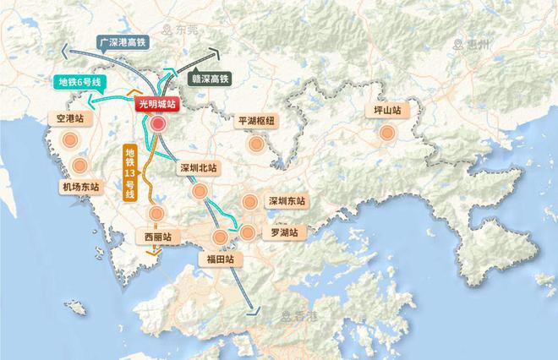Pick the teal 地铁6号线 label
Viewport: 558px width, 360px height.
click(x=78, y=82)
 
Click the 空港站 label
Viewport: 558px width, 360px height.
click(x=69, y=119)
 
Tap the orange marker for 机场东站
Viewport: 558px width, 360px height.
click(x=80, y=166)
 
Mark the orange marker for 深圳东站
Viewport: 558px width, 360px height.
click(x=249, y=202)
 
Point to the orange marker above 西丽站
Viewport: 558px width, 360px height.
click(x=156, y=214)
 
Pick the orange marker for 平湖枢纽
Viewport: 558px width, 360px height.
click(x=255, y=144)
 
